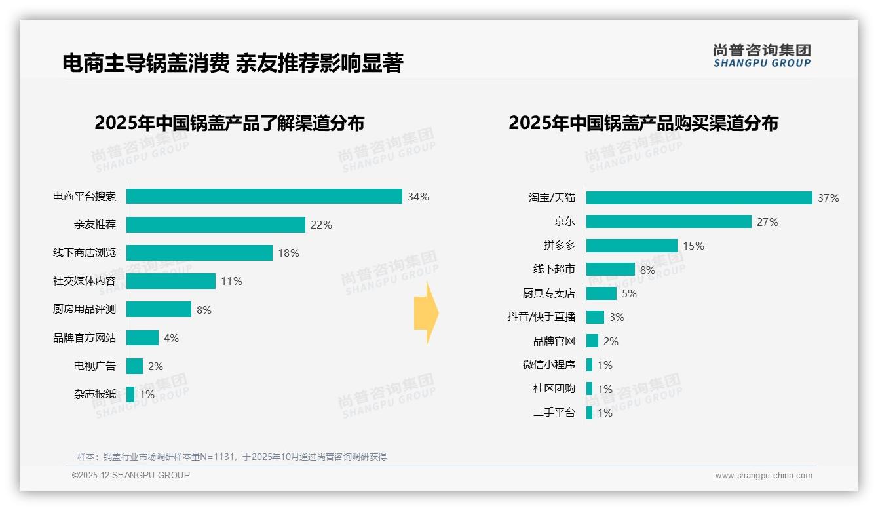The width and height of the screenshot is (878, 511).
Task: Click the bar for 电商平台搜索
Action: [x=264, y=197]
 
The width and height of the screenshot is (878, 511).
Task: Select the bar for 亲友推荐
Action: [x=216, y=225]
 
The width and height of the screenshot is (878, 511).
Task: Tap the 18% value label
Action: [x=288, y=253]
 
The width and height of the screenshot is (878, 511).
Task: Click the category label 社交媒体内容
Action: [x=85, y=281]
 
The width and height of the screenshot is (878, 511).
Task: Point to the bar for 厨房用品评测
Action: [x=159, y=309]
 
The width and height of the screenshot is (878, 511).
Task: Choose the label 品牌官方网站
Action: [x=85, y=338]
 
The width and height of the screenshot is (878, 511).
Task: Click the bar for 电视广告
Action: [x=134, y=366]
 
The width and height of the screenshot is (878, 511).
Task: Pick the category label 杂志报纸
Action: [x=95, y=394]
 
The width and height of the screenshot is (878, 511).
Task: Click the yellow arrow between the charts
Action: [x=426, y=314]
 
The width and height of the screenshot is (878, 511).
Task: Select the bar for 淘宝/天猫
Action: [x=699, y=198]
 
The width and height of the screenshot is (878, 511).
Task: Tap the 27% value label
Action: [x=767, y=222]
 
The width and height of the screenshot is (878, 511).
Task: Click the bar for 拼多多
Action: [x=632, y=246]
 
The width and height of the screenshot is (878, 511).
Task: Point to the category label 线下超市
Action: [x=554, y=269]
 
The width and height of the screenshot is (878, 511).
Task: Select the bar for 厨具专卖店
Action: [x=601, y=293]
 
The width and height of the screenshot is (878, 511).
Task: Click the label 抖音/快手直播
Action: [x=541, y=317]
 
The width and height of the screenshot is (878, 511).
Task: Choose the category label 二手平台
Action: [x=554, y=413]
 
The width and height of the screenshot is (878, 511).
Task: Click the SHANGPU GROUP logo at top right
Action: [x=761, y=56]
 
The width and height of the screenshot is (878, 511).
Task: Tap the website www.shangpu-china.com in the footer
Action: [x=763, y=476]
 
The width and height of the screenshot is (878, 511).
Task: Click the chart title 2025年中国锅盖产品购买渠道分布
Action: [x=643, y=123]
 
